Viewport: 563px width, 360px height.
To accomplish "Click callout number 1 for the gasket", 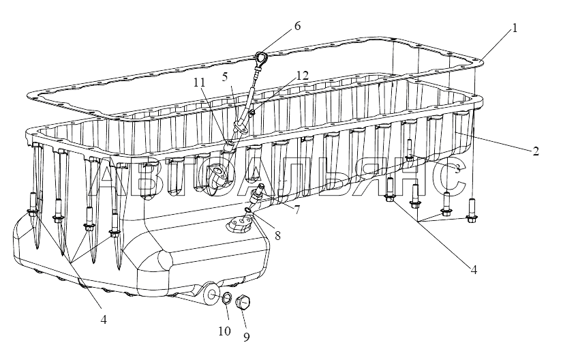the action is click(515, 28).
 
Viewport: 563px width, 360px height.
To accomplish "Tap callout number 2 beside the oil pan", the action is click(536, 151).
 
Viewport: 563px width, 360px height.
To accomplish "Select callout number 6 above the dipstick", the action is click(297, 26).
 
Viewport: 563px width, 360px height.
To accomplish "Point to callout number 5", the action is click(225, 77).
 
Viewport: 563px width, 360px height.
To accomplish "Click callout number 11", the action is click(199, 82).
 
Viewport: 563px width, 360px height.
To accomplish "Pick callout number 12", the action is click(303, 75).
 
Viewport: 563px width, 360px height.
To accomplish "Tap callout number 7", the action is click(297, 210).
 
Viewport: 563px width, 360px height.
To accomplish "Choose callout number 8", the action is click(277, 235).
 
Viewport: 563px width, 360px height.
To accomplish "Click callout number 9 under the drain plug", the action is click(246, 337).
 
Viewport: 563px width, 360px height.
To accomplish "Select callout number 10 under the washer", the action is click(224, 331).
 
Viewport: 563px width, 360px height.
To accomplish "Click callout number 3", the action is click(458, 168).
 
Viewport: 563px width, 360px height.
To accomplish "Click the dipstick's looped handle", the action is click(260, 57).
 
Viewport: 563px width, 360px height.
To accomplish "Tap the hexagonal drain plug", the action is click(243, 303).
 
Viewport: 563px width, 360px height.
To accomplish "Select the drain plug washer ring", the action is click(227, 298).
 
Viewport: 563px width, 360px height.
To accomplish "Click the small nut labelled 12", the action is click(252, 112).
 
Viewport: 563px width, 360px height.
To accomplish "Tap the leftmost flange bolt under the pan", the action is click(32, 205).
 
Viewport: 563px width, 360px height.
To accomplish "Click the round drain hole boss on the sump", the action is click(212, 294).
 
